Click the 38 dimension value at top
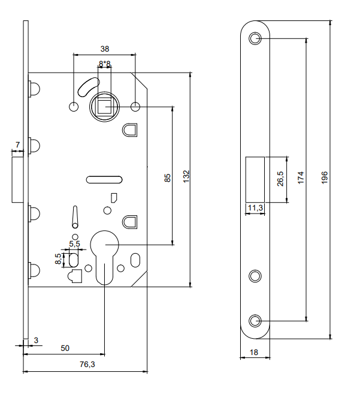[105, 49]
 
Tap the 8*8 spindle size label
[104, 64]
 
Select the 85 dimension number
[168, 178]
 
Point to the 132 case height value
[186, 176]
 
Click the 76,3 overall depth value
[87, 364]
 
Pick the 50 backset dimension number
[65, 348]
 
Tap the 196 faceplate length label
[325, 178]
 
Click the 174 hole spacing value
[301, 178]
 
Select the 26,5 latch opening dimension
[280, 179]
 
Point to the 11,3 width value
[255, 208]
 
